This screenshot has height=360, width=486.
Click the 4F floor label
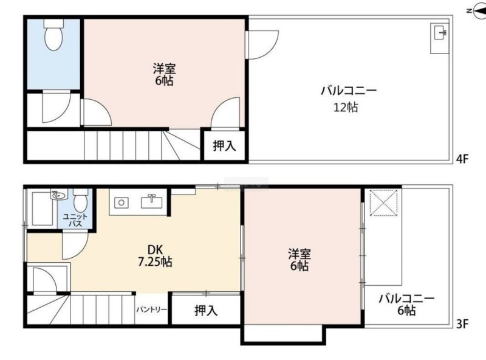pos(462,159)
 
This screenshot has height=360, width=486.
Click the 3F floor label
pos(462,324)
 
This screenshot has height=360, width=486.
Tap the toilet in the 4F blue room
pos(53,35)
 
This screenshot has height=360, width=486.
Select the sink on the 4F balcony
pos(440,38)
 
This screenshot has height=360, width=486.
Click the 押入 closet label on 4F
pos(224,145)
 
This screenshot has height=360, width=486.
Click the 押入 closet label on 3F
pos(206,310)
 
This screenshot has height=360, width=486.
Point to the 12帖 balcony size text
pos(346,108)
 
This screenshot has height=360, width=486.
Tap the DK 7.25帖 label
pos(155,256)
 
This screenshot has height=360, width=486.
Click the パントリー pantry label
pos(152,310)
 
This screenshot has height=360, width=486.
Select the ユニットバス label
pos(75,220)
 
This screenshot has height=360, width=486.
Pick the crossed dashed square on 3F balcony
pos(384,202)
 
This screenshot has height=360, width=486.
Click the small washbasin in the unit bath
pos(59,195)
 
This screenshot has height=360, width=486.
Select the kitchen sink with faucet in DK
pos(151,202)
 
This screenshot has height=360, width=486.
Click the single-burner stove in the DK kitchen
pos(121,203)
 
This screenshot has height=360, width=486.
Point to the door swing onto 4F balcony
pos(263,44)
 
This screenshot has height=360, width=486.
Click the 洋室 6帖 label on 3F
pos(299,260)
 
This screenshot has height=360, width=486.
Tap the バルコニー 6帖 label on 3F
pos(406,305)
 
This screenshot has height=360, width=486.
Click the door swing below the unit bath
pos(75,246)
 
